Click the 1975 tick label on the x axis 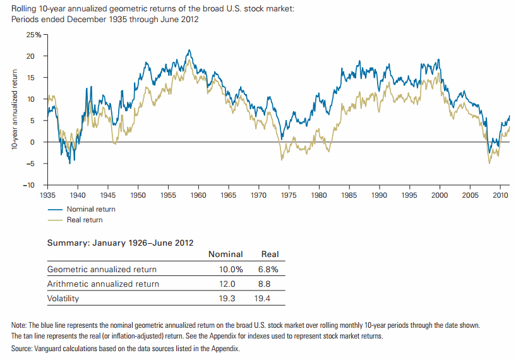coord(289,196)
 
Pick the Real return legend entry coord(84,220)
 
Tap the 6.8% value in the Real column coord(268,270)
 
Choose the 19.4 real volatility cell coord(270,297)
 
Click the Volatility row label coord(63,297)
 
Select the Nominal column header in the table coord(225,254)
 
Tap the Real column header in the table coord(270,254)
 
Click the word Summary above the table coord(66,242)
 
